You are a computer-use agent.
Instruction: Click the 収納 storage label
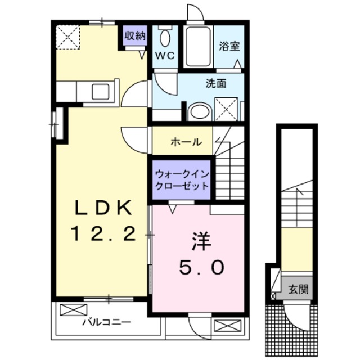(135, 37)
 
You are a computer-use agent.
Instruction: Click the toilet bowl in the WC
(166, 38)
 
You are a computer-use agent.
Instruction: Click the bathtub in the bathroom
(197, 45)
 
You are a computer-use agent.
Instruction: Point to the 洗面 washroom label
(216, 84)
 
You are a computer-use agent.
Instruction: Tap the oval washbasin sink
(198, 111)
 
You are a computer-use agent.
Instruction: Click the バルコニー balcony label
(107, 323)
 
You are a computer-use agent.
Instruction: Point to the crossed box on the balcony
(71, 310)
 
